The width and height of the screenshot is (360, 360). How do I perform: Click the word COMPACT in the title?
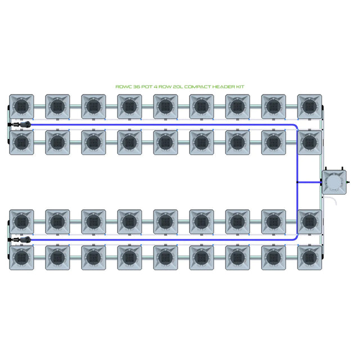pos(197,87)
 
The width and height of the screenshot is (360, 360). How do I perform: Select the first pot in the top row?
pos(21,106)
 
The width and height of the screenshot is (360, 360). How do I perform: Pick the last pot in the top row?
pos(309,106)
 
